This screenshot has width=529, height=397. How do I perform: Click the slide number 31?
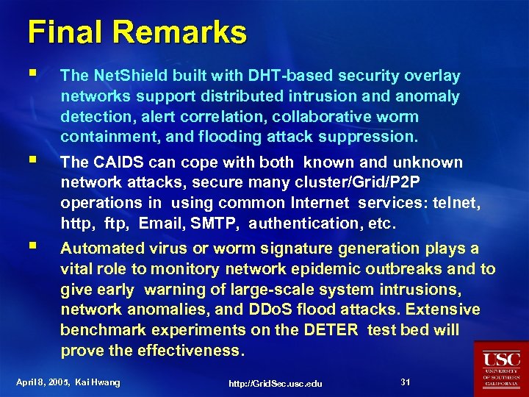[406, 382]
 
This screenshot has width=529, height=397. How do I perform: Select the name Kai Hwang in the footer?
[100, 382]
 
